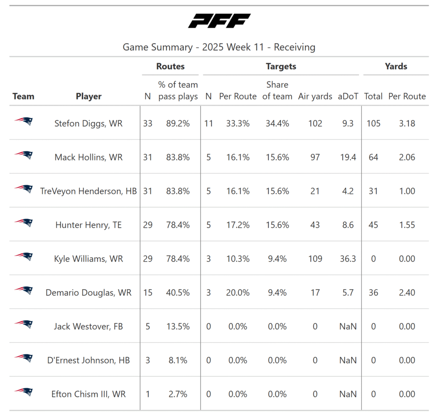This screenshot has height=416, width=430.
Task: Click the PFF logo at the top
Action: pos(219,21)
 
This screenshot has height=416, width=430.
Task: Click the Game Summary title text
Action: pos(219,47)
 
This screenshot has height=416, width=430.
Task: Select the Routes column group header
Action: pos(170,66)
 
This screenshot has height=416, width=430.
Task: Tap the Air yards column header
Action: pos(315,97)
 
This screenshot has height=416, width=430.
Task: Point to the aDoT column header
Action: pos(348,97)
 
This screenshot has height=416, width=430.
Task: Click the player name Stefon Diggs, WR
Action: pos(89,123)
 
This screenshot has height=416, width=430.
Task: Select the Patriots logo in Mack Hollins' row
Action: pos(24,155)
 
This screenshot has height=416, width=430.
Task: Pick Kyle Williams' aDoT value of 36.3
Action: pos(348,259)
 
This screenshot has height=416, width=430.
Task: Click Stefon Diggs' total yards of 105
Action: pos(373,123)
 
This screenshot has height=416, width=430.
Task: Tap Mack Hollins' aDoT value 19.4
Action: pos(348,157)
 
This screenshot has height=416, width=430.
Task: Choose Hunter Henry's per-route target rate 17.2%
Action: pos(238,225)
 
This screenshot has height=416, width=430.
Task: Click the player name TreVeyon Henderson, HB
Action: pos(89,191)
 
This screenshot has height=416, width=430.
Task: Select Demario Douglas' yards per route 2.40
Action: pos(406,293)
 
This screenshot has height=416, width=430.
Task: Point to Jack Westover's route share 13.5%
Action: pos(178,327)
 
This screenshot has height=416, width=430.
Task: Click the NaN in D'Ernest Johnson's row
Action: pos(348,361)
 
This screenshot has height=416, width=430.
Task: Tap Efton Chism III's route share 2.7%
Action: pos(178,394)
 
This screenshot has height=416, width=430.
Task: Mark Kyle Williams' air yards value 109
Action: pos(315,259)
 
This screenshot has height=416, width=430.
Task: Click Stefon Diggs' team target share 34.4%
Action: pos(277,123)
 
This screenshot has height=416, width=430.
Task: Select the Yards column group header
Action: pos(396,66)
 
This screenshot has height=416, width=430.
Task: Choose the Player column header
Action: pos(89,97)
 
